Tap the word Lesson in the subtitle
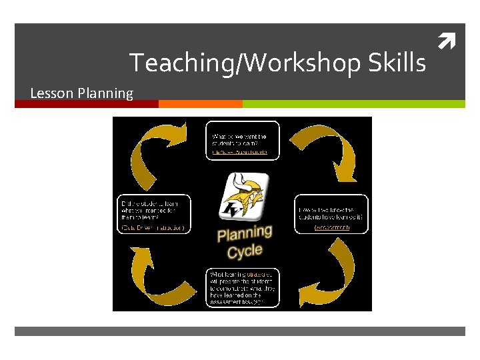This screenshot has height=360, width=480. (52, 93)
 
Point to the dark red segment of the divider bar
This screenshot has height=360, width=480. (87, 104)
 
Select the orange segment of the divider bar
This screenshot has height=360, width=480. (200, 104)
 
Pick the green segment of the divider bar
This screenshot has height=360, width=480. (353, 104)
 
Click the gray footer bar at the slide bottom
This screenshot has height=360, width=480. (240, 331)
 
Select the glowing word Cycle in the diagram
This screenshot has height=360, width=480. (245, 252)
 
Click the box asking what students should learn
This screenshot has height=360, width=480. (241, 141)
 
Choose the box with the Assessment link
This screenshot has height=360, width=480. (331, 214)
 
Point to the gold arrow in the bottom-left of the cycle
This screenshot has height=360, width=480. (157, 273)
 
